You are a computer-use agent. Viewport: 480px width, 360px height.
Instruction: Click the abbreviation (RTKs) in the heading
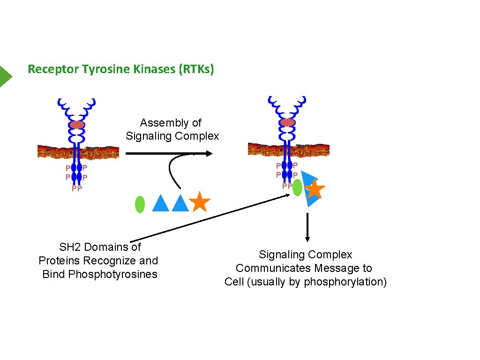coord(195,69)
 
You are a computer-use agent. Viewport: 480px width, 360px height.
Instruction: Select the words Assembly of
coord(171,123)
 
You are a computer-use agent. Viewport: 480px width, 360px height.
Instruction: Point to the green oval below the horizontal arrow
coord(140,205)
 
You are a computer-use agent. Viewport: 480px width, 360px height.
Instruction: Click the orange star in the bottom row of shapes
coord(200,202)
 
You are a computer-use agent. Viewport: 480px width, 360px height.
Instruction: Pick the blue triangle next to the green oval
coord(160,204)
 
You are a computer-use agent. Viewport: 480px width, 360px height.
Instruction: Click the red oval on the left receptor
coord(77,125)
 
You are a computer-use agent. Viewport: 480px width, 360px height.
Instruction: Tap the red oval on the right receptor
coord(287,122)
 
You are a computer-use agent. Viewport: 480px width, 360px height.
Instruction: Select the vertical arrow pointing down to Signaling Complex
coord(307,228)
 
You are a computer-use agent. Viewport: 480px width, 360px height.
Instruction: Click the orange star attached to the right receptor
coord(315,189)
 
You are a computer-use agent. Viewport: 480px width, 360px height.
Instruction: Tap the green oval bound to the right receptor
coord(297,187)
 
